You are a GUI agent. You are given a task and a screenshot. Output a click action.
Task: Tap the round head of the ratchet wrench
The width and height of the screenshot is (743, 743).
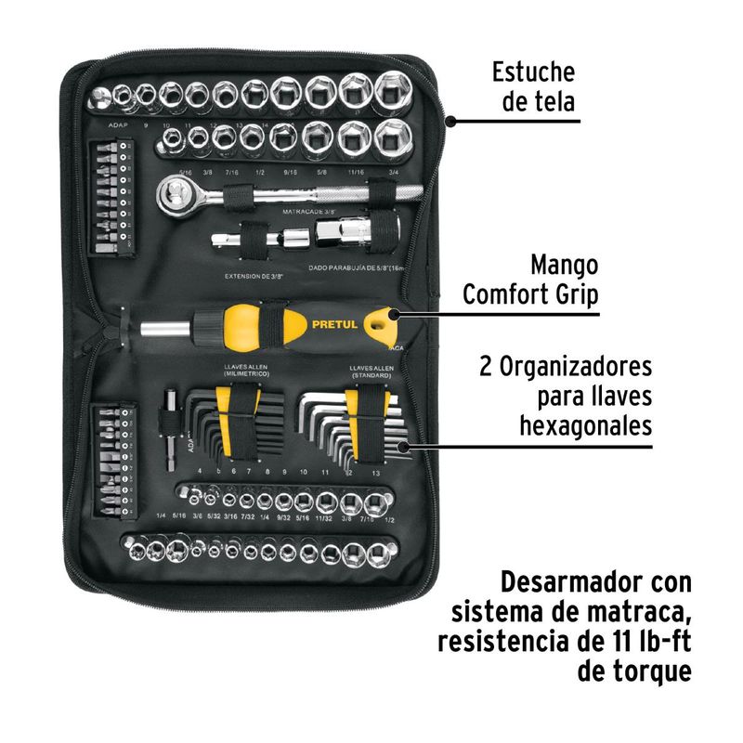(174, 192)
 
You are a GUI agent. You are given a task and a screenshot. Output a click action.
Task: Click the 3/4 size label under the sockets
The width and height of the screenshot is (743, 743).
(394, 171)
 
